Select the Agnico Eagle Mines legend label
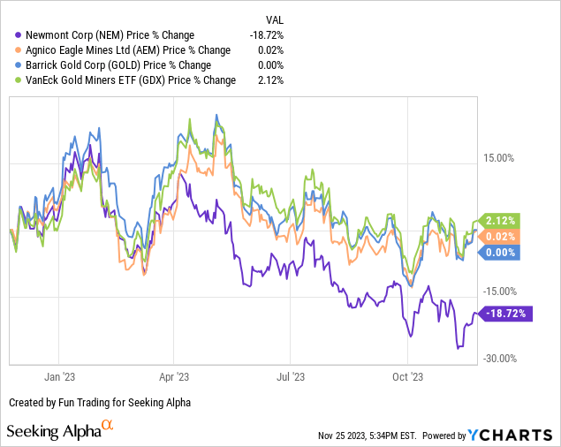tap(128, 50)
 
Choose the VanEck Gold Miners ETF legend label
tap(132, 80)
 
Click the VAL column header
tap(276, 19)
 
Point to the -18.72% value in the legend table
tap(268, 35)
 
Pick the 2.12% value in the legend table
tap(273, 80)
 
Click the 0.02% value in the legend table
tap(273, 50)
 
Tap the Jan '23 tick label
tap(59, 375)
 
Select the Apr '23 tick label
tap(174, 375)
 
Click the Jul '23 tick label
tap(291, 375)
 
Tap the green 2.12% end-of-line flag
tap(500, 221)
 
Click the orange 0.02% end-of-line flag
tap(500, 237)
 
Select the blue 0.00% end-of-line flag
tap(500, 253)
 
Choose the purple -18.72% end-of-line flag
tap(504, 313)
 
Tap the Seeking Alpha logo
tap(60, 431)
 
